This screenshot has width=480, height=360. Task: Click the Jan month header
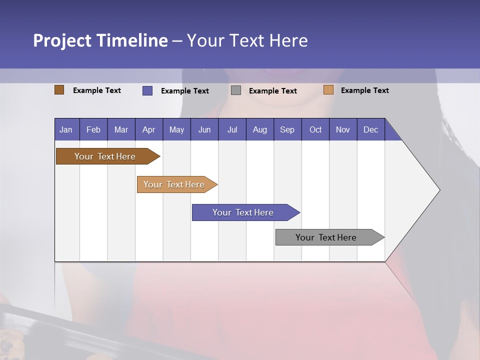pos(66,129)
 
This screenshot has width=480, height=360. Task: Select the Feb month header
pos(93,129)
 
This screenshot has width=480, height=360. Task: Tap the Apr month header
pos(148,129)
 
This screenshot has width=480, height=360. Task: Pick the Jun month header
pos(204,129)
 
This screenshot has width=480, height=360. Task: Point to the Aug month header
pos(259,129)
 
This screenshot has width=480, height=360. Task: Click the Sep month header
pos(287,129)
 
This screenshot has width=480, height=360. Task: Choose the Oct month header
pos(315,129)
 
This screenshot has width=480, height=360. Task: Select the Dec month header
pos(370,129)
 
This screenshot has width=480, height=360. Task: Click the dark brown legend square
pos(59,90)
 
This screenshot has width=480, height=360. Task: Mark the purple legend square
pos(147,90)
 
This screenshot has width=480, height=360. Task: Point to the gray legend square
pos(236,90)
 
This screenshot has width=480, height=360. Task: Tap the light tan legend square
pos(328,90)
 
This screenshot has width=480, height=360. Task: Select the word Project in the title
pos(62,40)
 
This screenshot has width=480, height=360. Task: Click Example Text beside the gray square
pos(272,91)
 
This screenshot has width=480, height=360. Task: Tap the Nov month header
pos(343,129)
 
